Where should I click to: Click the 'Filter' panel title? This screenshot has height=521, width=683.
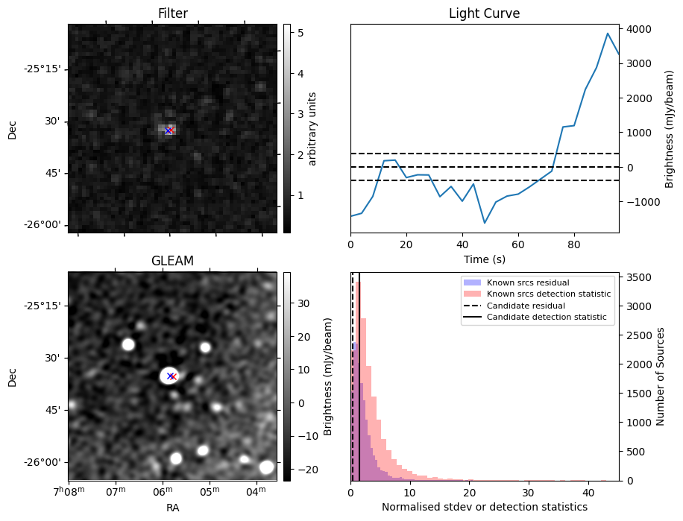tap(172, 13)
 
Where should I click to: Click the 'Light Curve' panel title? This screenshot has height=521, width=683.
tap(484, 13)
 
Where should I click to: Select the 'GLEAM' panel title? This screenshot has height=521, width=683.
tap(172, 261)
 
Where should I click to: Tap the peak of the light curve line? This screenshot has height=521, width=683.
tap(608, 34)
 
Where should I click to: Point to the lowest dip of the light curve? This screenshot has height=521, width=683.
tap(485, 223)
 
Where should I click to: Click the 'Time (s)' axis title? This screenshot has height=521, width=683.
tap(484, 258)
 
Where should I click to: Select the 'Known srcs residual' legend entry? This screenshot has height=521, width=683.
tap(528, 282)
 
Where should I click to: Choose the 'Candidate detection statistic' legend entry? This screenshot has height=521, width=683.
tap(546, 318)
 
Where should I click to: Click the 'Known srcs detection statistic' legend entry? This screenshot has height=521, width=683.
tap(548, 294)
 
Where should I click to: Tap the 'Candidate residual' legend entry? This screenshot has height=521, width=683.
tap(525, 306)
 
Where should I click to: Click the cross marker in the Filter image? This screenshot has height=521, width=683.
tap(169, 130)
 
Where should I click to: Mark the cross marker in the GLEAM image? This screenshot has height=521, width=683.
tap(171, 376)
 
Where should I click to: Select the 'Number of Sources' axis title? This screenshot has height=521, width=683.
tap(660, 376)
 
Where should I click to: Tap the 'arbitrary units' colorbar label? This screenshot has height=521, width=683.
tap(312, 128)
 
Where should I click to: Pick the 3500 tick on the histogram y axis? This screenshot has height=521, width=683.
tap(640, 277)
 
